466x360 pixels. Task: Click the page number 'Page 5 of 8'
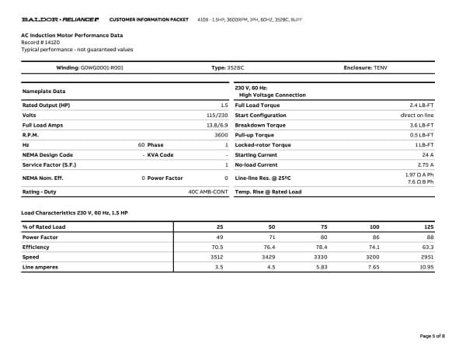tap(432, 335)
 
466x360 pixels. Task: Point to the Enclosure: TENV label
tap(365, 67)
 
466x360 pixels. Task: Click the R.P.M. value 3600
tap(221, 135)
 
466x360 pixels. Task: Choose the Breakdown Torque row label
tap(259, 125)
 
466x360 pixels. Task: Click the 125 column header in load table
tap(428, 227)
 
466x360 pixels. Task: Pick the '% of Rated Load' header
tap(43, 227)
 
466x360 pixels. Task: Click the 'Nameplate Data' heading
tap(43, 92)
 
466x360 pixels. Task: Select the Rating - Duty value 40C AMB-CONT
tap(207, 191)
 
